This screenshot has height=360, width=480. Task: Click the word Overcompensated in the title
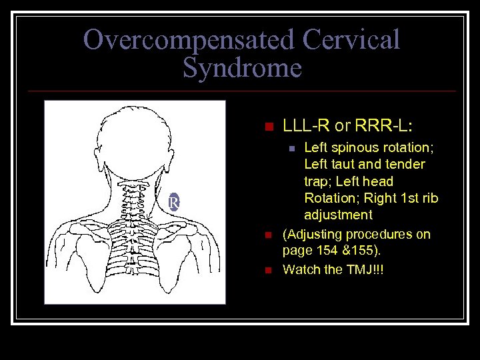point(189,40)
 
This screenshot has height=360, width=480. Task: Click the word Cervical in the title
point(351,40)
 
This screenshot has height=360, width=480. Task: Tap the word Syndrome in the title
point(242,68)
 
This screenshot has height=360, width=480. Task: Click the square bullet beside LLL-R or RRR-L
point(269,127)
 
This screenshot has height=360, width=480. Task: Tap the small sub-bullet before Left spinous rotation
point(289,148)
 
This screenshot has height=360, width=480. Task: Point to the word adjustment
point(338,215)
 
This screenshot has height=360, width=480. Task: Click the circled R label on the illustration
point(173,202)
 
